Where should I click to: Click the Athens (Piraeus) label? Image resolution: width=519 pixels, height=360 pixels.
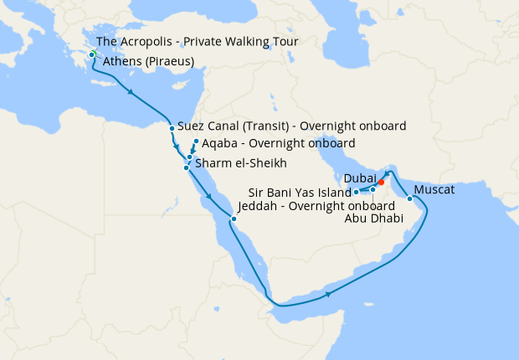pos(148,62)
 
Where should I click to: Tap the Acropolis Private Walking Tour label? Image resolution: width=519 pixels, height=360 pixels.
pos(198,42)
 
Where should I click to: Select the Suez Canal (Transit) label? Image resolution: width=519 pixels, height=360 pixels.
pos(292,127)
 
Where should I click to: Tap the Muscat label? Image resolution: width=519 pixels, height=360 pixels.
pos(434,190)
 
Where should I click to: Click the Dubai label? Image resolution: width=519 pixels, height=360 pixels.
pos(359,178)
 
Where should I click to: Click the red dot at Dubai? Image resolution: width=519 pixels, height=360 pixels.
pos(381,182)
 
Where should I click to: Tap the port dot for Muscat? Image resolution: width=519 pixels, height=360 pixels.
pos(409,198)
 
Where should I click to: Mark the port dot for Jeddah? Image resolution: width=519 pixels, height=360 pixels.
pos(234,220)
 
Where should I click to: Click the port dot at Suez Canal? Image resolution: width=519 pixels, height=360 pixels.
pos(172,128)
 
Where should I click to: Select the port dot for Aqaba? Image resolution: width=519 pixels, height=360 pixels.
pos(196,141)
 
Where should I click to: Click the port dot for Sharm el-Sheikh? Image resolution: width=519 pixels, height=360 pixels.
pos(186,168)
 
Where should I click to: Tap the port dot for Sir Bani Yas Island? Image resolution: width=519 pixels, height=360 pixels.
pos(356,192)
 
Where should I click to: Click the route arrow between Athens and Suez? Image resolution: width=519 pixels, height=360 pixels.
pos(130,91)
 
